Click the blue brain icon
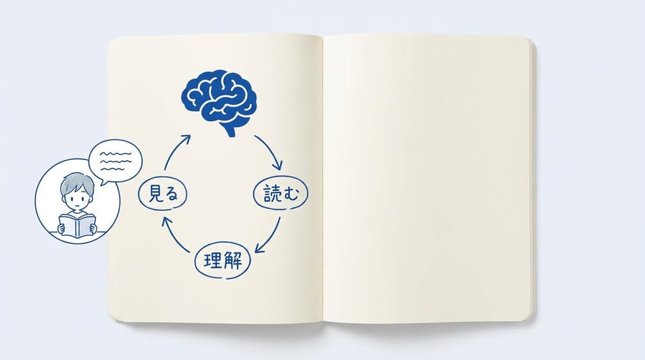(219, 101)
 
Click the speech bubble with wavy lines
(115, 162)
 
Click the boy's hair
(77, 183)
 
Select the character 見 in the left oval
(154, 194)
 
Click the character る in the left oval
(172, 194)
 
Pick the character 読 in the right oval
(272, 193)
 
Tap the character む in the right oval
(290, 194)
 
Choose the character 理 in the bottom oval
(213, 261)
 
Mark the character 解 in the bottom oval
(232, 261)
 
